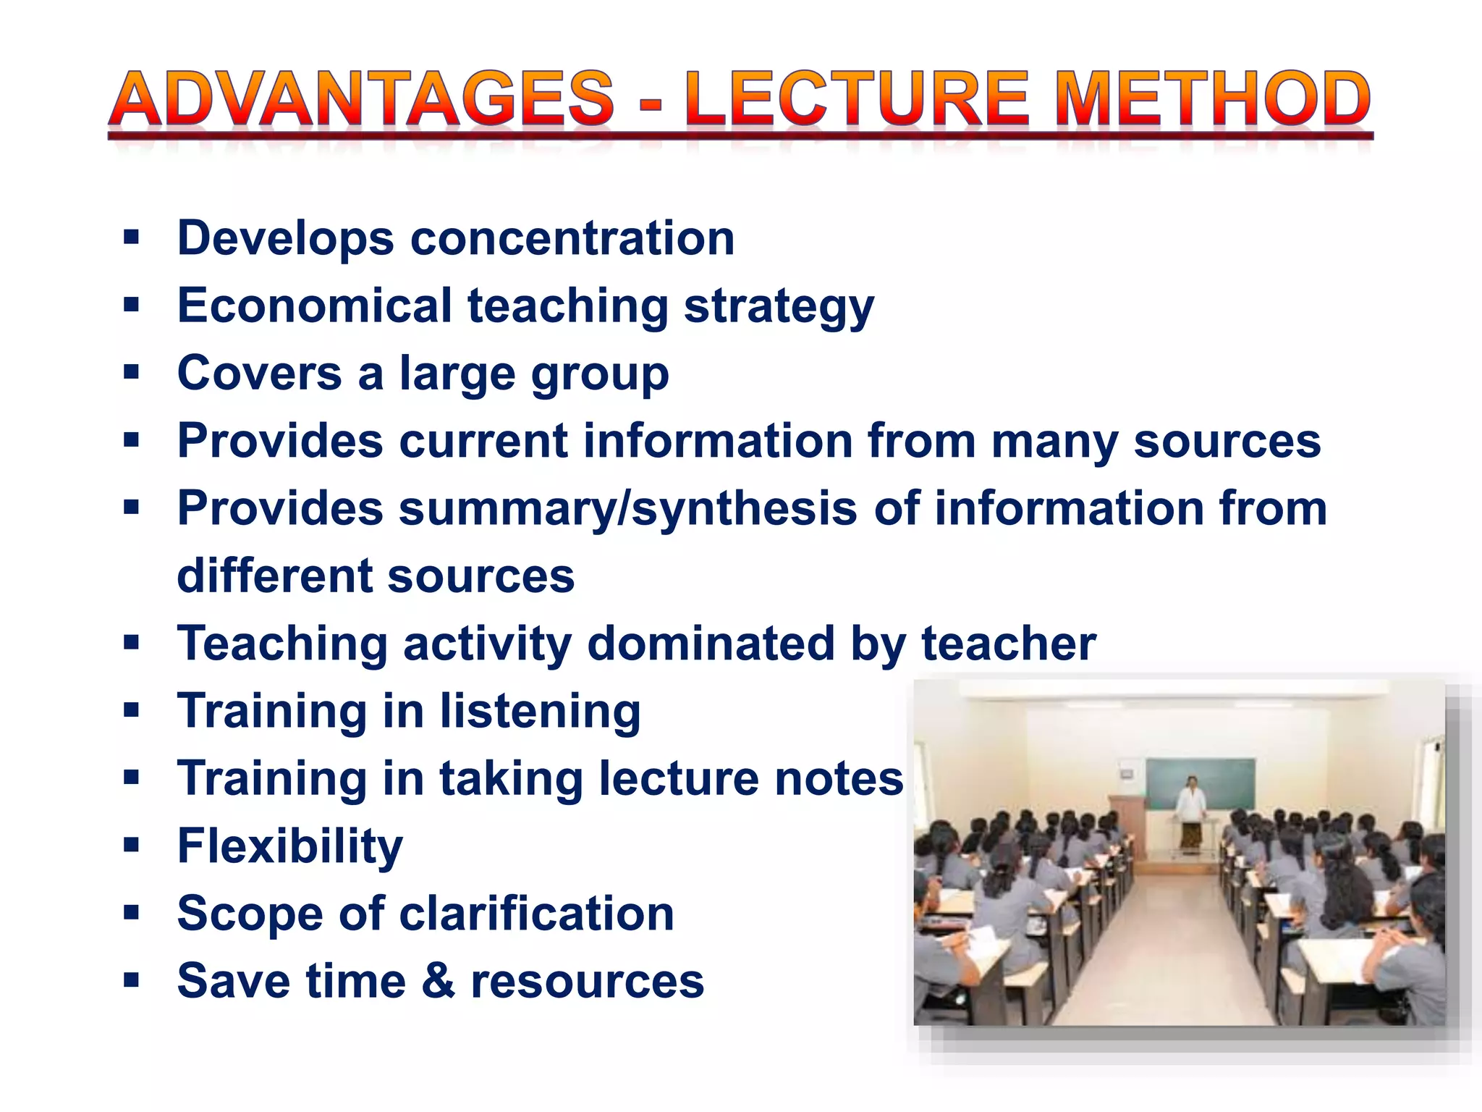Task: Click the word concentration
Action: point(572,238)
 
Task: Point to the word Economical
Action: point(315,306)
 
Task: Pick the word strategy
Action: point(779,307)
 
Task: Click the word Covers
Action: point(259,374)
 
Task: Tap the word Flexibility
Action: point(290,847)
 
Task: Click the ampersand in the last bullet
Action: point(439,982)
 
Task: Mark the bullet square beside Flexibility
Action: point(131,845)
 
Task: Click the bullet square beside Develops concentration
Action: point(131,237)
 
